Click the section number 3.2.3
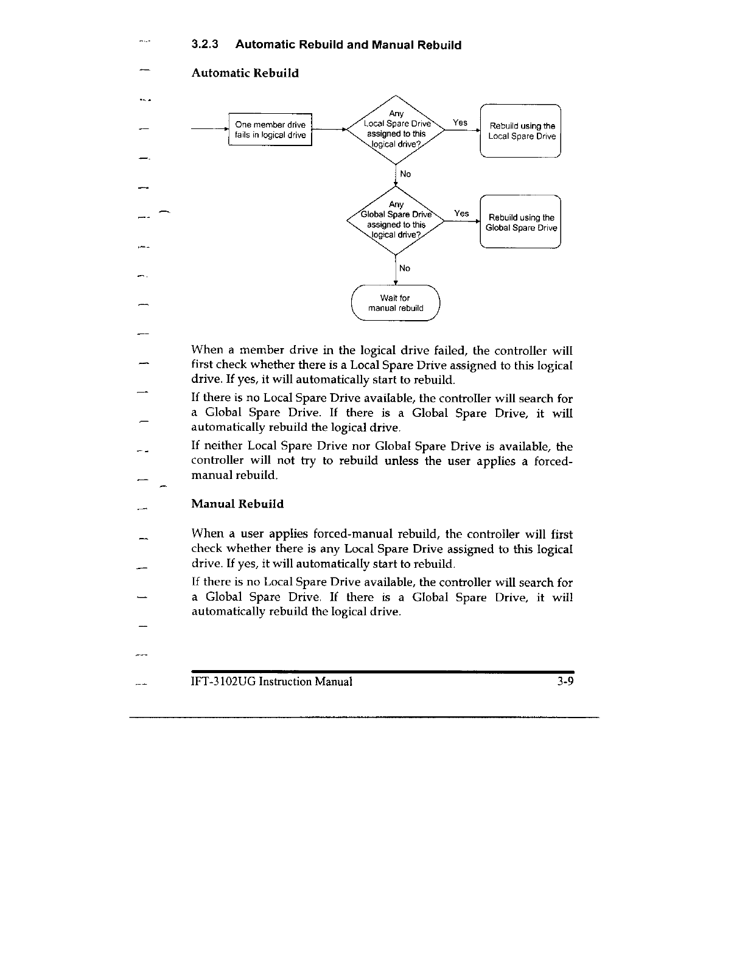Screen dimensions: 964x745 pyautogui.click(x=205, y=45)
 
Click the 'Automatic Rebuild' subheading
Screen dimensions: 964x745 pyautogui.click(x=245, y=73)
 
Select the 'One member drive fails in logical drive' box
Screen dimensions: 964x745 pyautogui.click(x=270, y=130)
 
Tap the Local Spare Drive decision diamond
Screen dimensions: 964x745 pyautogui.click(x=396, y=130)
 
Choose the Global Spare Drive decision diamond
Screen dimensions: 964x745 pyautogui.click(x=396, y=220)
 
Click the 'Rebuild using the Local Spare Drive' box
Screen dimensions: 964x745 pyautogui.click(x=520, y=131)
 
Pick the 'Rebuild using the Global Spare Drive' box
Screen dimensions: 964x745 pyautogui.click(x=520, y=222)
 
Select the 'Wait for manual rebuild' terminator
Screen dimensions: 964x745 pyautogui.click(x=396, y=303)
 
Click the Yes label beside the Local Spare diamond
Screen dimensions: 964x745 pyautogui.click(x=460, y=122)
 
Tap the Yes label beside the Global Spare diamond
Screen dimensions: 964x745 pyautogui.click(x=461, y=213)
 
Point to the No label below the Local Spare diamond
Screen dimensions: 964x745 pyautogui.click(x=405, y=174)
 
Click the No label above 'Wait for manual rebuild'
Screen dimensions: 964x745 pyautogui.click(x=405, y=268)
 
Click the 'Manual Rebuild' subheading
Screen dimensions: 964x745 pyautogui.click(x=237, y=504)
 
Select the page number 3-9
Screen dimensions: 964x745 pyautogui.click(x=565, y=681)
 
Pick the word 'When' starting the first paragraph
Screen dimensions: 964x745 pyautogui.click(x=207, y=351)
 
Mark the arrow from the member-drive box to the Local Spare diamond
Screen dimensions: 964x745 pyautogui.click(x=329, y=130)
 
